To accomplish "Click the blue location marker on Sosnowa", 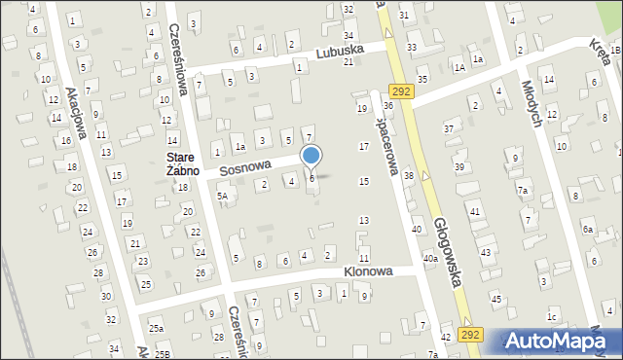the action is (311, 156).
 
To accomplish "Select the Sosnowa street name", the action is (244, 167).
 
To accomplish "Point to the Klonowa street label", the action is (367, 271).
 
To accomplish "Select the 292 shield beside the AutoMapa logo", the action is (471, 334).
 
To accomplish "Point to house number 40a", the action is (429, 259).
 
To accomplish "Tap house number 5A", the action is (222, 196).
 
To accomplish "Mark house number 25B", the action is (165, 355).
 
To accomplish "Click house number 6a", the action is (587, 230).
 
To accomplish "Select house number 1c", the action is (552, 317).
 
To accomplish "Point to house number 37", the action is (449, 128).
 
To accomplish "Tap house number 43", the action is (485, 253).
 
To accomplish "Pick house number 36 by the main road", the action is (387, 104).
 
